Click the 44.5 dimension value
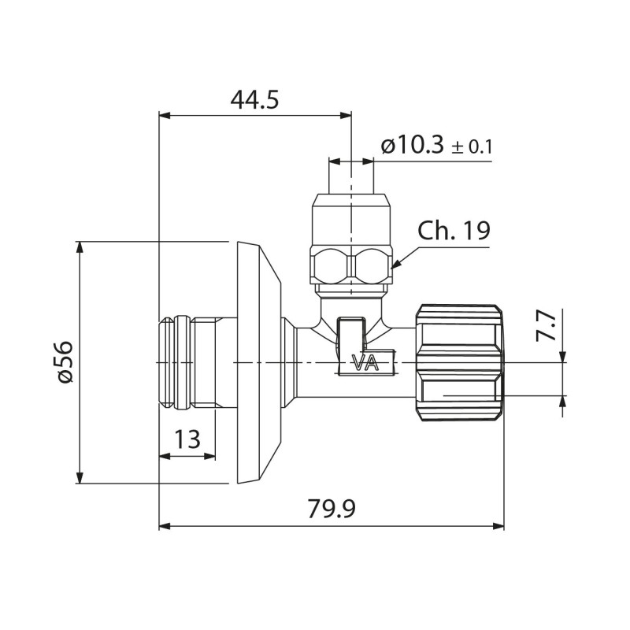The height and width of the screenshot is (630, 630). click(x=254, y=100)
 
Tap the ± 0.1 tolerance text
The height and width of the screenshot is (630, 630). click(x=472, y=147)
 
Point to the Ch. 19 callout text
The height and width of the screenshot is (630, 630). click(x=454, y=231)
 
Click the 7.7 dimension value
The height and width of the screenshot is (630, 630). click(x=546, y=324)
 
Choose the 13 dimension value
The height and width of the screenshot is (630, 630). click(x=187, y=439)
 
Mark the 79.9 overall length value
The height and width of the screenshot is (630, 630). click(x=332, y=509)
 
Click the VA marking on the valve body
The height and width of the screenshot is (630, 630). click(x=364, y=363)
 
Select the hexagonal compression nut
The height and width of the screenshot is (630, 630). click(x=350, y=265)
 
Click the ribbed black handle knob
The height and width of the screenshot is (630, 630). click(x=459, y=362)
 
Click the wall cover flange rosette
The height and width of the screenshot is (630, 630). click(x=258, y=362)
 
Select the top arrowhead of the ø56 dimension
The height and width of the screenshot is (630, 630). click(x=79, y=246)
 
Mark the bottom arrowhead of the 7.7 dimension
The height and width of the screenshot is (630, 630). click(x=563, y=399)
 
